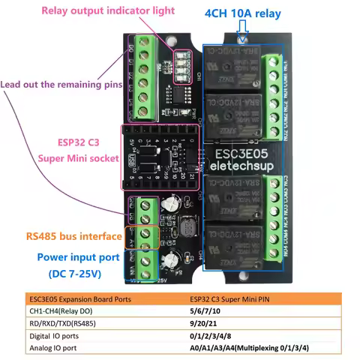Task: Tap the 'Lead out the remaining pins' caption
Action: [61, 85]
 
